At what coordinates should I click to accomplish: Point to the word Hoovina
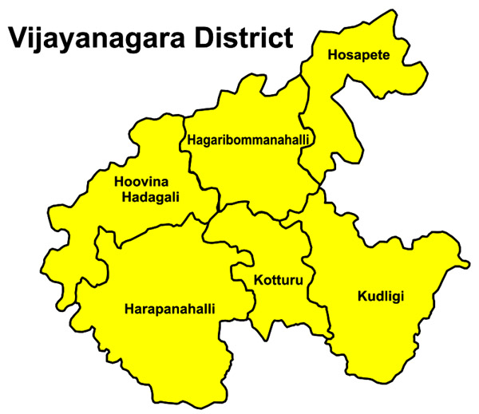click(141, 181)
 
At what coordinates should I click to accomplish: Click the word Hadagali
click(150, 197)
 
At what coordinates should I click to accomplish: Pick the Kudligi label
click(380, 297)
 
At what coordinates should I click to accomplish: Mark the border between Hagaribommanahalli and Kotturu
click(255, 203)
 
